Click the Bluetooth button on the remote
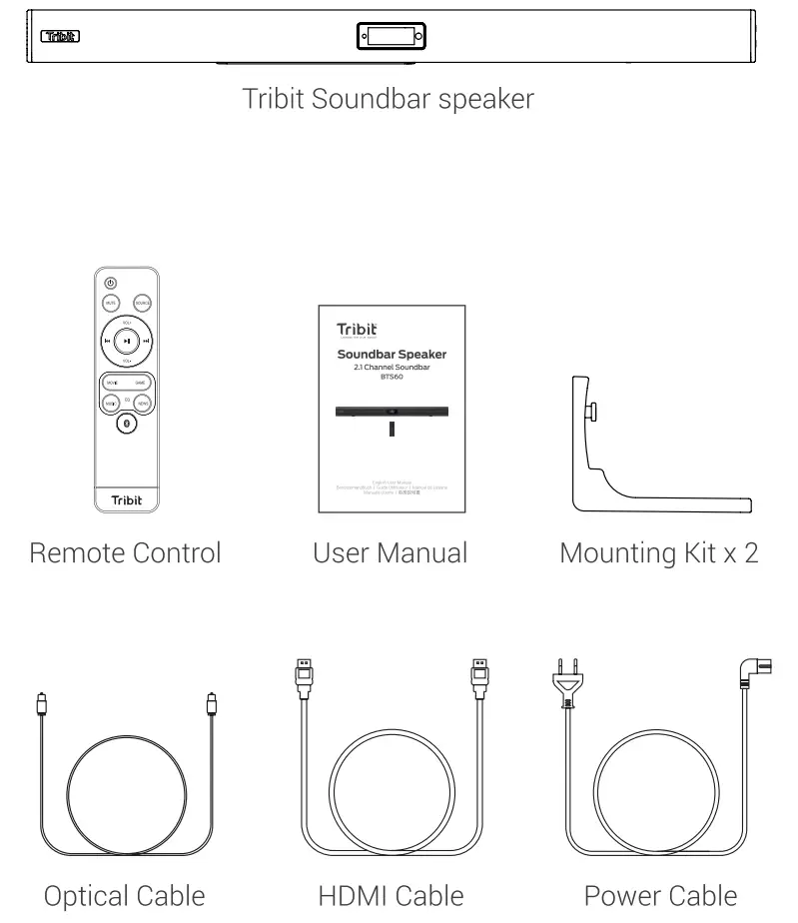[125, 423]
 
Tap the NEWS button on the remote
[142, 403]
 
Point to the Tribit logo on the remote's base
[125, 499]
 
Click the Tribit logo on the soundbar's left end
[60, 37]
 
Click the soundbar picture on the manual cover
[390, 412]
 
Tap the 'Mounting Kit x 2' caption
[658, 551]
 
